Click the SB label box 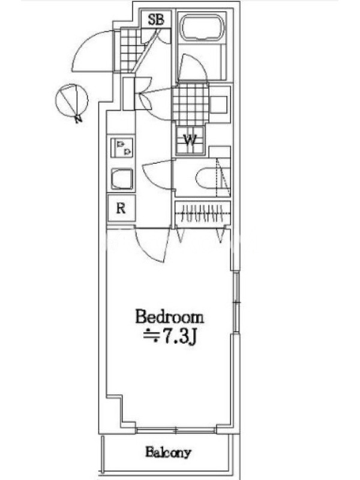(x=156, y=19)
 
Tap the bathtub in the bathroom (x=203, y=28)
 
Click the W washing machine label (x=190, y=140)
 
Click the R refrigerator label (x=121, y=208)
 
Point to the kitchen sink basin (x=122, y=179)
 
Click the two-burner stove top (x=122, y=148)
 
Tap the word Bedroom (x=169, y=317)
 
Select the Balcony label (x=168, y=452)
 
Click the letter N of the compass (x=79, y=119)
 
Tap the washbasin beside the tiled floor (x=219, y=104)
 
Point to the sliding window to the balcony (x=176, y=431)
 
